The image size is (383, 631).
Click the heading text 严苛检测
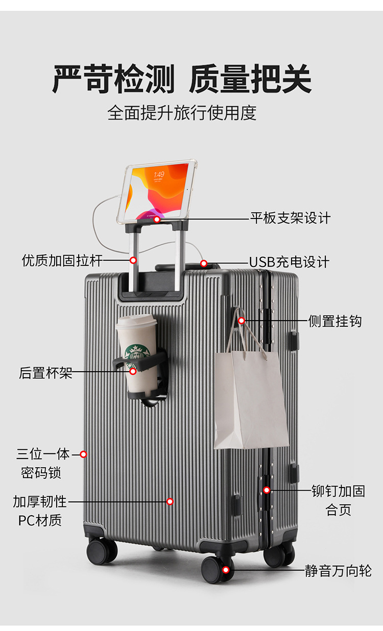coord(113,79)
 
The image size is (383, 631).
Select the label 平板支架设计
coord(290,218)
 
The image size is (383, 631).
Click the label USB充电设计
coord(289,262)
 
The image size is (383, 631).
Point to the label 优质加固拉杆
coord(62,260)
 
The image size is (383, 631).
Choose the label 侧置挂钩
coord(334,321)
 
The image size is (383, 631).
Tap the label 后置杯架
coord(46,373)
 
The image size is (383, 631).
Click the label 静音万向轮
coord(338,570)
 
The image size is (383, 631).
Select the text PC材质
coord(40,520)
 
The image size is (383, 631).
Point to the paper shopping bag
coord(251,398)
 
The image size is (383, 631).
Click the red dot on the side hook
coord(241,321)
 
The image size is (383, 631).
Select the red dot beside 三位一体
coord(83,454)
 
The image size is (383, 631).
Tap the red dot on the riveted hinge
coord(267,490)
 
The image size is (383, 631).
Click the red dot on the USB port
coord(204,263)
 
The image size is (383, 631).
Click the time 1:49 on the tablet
coord(159,175)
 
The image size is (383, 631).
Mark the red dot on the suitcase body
coord(170,502)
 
